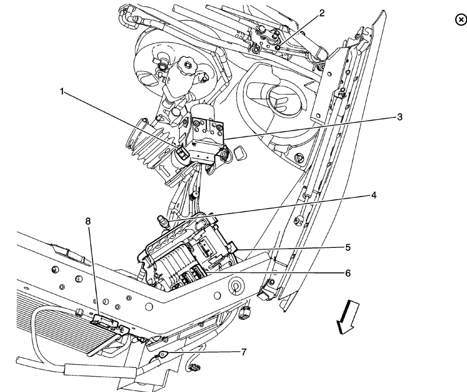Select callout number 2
322,13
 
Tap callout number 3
400,117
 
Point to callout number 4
373,195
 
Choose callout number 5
347,247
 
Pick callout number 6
348,272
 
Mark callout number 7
244,352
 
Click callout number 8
88,221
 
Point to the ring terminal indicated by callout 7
163,355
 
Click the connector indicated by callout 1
181,153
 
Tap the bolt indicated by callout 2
278,47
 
